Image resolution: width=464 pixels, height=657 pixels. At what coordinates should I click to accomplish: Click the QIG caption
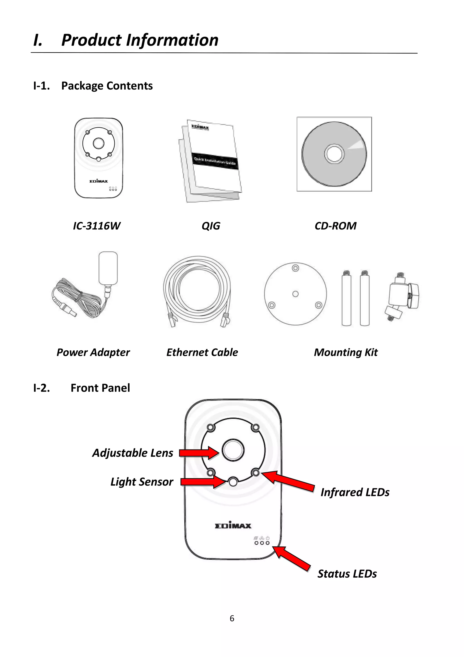tap(211, 226)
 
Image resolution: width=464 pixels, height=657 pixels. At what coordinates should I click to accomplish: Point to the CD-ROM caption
tap(335, 226)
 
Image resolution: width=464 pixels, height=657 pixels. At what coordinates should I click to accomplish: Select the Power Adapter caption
tap(93, 352)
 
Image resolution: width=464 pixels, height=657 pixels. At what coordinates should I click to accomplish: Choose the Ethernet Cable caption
tap(202, 352)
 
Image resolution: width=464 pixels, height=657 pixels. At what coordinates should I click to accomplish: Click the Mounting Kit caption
tap(346, 352)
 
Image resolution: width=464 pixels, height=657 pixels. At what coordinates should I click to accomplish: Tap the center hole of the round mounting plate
tap(295, 294)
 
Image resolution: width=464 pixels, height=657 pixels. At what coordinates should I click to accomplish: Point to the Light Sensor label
tap(142, 482)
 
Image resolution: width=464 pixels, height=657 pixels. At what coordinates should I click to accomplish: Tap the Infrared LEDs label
tap(355, 492)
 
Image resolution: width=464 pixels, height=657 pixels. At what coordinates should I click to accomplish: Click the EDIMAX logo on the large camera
tap(233, 525)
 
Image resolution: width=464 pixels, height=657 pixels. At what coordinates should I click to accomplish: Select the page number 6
tap(232, 619)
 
